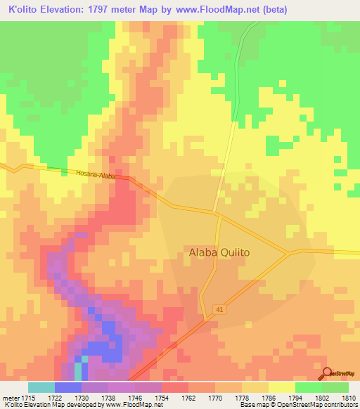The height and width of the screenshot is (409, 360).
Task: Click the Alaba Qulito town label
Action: (x=219, y=252)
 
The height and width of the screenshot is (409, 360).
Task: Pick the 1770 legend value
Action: (x=215, y=398)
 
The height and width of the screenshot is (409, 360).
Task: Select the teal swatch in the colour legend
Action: (x=41, y=387)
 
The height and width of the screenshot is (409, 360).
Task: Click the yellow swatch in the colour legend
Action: (x=281, y=387)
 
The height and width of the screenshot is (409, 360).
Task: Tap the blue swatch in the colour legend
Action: (x=68, y=387)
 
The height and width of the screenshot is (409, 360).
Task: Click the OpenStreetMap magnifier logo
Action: (x=326, y=374)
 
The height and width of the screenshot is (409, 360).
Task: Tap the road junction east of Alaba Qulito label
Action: (x=289, y=252)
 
